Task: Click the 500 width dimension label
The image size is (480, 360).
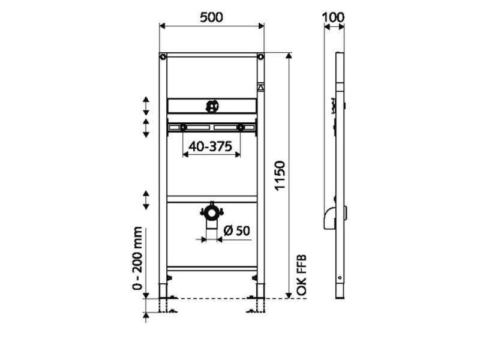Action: pyautogui.click(x=212, y=17)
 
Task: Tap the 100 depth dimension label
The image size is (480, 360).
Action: pyautogui.click(x=334, y=17)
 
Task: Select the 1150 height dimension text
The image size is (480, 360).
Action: pyautogui.click(x=280, y=176)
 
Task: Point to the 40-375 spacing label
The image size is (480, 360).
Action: pyautogui.click(x=211, y=146)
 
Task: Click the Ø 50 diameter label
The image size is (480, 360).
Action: pyautogui.click(x=236, y=230)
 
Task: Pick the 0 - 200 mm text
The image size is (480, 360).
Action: pyautogui.click(x=138, y=258)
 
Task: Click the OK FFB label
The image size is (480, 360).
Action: pyautogui.click(x=302, y=275)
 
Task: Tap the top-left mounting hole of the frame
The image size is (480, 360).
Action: pyautogui.click(x=163, y=57)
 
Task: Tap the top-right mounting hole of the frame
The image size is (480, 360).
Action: pyautogui.click(x=260, y=57)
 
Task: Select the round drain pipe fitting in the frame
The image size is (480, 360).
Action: pyautogui.click(x=212, y=213)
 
